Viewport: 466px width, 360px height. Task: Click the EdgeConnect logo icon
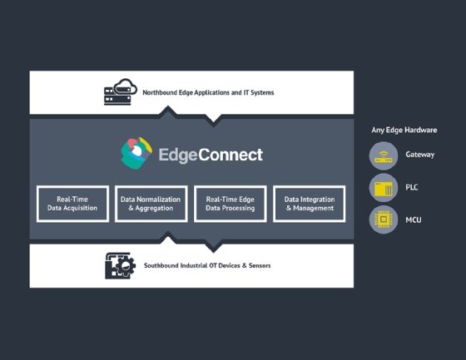point(136,153)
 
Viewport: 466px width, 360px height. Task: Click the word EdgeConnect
point(210,154)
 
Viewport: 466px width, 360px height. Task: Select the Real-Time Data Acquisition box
point(73,204)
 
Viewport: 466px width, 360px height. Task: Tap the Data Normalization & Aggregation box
point(151,204)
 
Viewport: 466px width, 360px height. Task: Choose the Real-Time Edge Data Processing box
point(231,204)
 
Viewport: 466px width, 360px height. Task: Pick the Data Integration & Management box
point(309,204)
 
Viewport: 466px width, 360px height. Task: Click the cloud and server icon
point(120,91)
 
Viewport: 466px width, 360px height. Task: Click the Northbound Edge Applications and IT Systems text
point(208,92)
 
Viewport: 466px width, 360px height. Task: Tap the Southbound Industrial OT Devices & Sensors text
point(207,265)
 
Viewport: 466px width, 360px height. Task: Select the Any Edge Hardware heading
point(404,131)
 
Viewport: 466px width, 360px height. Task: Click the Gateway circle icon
point(384,155)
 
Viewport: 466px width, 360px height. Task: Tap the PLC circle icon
point(384,187)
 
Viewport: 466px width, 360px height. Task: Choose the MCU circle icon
point(384,219)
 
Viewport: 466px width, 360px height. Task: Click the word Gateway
point(420,155)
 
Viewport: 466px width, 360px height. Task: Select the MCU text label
point(414,219)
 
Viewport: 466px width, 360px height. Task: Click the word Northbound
point(162,92)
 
